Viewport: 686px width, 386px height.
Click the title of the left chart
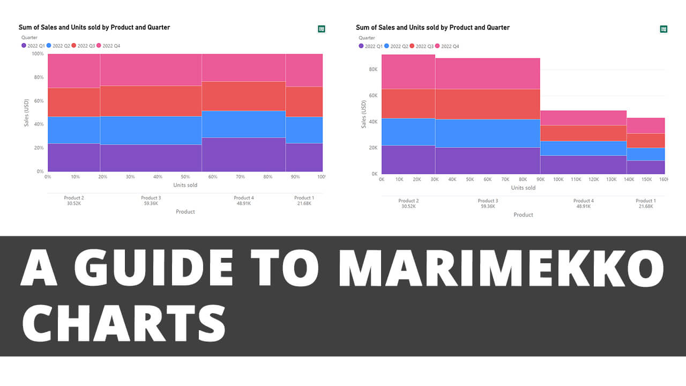click(x=94, y=27)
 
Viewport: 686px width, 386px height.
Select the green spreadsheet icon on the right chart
click(x=663, y=29)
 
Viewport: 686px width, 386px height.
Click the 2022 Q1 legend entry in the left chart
click(x=33, y=46)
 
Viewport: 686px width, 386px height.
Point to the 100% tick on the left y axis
click(x=38, y=54)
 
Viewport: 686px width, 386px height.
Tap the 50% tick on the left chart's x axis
click(x=185, y=177)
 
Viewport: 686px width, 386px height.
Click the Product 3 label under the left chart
click(x=151, y=198)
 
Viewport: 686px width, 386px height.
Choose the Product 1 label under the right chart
click(x=645, y=201)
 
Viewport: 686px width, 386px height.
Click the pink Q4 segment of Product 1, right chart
click(x=645, y=125)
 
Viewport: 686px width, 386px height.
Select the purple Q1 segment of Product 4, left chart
click(x=243, y=154)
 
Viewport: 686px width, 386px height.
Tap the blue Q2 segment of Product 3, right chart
click(x=487, y=133)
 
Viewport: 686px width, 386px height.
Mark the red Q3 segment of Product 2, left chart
click(x=74, y=102)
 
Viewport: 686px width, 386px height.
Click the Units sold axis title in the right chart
click(x=523, y=188)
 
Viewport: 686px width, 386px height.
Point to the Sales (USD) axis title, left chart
click(x=26, y=113)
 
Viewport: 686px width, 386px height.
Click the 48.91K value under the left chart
click(x=244, y=204)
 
